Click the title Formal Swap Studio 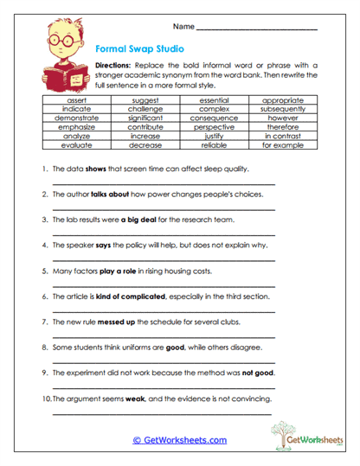pos(139,50)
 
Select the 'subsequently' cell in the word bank pos(283,110)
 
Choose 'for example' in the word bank pos(283,144)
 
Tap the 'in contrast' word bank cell pos(283,136)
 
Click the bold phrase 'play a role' pos(119,271)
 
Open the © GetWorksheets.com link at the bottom pos(179,440)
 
